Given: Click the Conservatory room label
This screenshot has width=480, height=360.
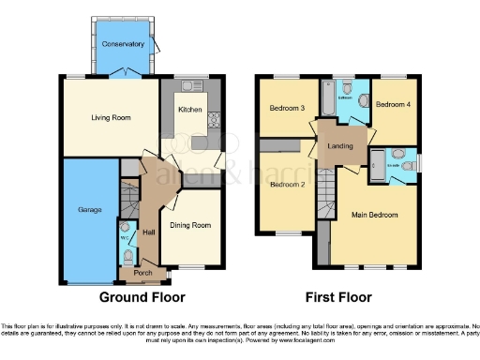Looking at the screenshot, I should [125, 44].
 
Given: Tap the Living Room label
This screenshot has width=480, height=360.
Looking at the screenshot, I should [111, 118].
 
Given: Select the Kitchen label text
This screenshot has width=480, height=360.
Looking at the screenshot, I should [190, 110].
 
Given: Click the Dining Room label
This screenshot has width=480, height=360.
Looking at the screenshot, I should [189, 225].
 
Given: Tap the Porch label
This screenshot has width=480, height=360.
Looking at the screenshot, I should [143, 274].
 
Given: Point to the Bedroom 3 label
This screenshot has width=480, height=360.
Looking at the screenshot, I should [288, 108].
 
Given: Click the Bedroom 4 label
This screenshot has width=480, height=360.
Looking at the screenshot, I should [393, 106].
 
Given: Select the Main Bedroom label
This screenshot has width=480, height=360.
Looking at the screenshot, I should [372, 215].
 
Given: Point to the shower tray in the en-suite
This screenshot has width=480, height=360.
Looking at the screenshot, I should [377, 158].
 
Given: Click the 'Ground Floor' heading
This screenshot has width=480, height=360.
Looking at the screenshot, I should [139, 297].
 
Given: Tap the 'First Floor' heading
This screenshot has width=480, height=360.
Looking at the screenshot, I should [335, 297].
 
